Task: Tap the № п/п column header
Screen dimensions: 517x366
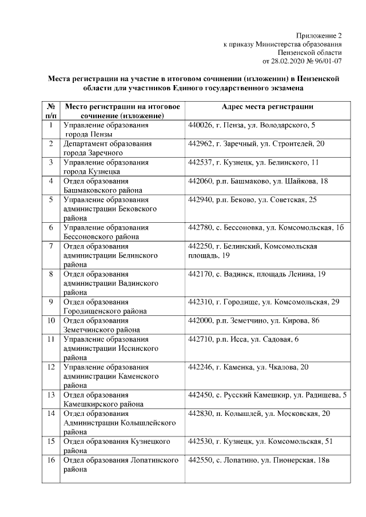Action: [50, 111]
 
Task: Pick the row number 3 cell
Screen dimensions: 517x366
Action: [51, 162]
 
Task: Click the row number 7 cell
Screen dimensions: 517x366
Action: [51, 246]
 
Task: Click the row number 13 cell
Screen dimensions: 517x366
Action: [51, 395]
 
